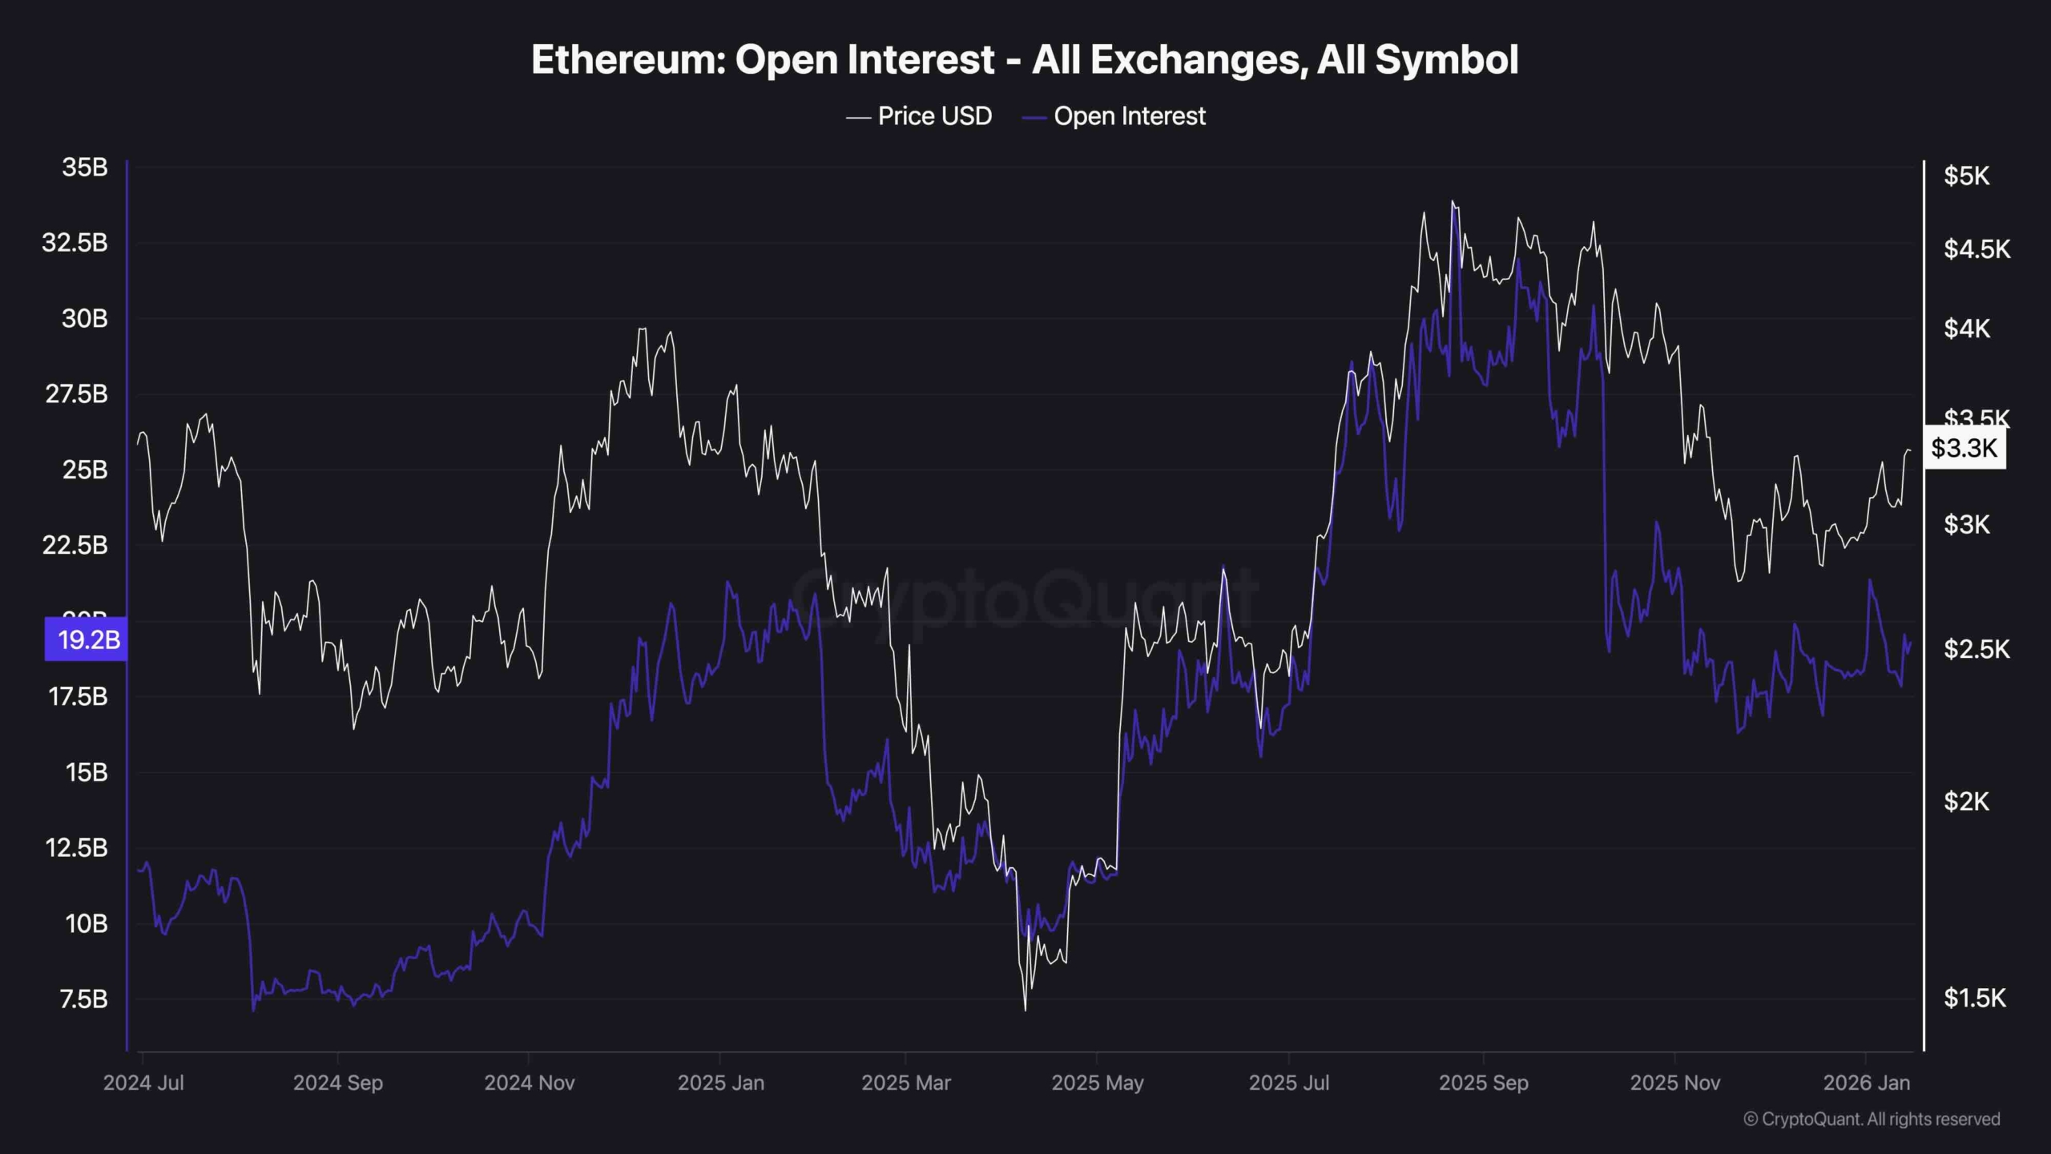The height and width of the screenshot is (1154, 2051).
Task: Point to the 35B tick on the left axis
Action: click(x=84, y=167)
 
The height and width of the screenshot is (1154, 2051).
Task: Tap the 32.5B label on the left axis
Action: click(x=75, y=243)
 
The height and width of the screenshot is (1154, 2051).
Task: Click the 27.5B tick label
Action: click(x=76, y=394)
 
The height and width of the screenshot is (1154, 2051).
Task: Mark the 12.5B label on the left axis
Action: click(x=76, y=848)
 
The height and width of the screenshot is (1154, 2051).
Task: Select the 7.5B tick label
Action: click(x=83, y=999)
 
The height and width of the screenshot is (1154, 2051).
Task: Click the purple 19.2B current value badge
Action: click(x=87, y=640)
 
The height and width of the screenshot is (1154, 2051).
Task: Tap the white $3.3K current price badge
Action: click(x=1964, y=447)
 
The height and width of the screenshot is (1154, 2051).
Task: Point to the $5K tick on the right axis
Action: click(x=1966, y=176)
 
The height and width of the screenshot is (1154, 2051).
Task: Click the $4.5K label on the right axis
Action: click(x=1976, y=249)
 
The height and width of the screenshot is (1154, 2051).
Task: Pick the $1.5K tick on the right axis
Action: click(x=1975, y=998)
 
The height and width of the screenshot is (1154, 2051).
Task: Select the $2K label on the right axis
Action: click(x=1966, y=801)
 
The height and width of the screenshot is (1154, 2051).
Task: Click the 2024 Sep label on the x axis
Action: click(x=337, y=1083)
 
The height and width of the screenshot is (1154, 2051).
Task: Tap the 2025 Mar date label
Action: click(x=905, y=1083)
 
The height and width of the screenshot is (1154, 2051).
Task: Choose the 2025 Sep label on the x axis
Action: click(x=1483, y=1083)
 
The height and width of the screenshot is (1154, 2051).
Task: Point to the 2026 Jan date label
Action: click(x=1866, y=1083)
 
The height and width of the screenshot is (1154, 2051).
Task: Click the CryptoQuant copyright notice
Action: click(x=1872, y=1119)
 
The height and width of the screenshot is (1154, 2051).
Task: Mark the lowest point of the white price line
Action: click(x=1025, y=1010)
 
